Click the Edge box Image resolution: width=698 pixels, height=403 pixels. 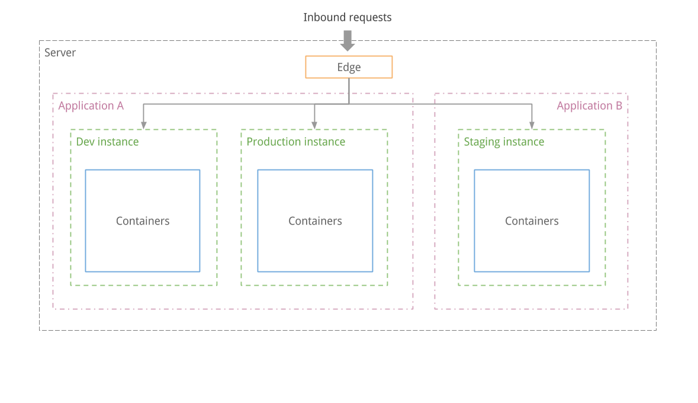click(x=349, y=67)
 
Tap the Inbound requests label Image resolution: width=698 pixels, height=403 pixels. click(x=347, y=17)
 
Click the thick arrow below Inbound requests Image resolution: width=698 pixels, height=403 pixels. click(x=348, y=40)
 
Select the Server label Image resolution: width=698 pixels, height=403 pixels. click(x=60, y=53)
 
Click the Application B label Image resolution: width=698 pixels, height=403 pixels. click(x=589, y=106)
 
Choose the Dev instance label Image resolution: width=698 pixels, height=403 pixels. click(x=107, y=142)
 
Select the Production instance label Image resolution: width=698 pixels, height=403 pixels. click(x=295, y=142)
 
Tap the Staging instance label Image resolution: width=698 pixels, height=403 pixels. click(x=503, y=142)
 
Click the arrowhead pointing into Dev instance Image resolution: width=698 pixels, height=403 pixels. click(x=143, y=125)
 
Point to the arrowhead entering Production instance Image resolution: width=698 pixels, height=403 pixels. click(x=314, y=125)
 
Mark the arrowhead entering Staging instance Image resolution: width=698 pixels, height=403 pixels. click(x=532, y=125)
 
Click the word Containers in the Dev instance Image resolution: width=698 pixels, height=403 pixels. click(x=143, y=221)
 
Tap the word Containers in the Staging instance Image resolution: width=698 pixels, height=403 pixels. click(x=532, y=221)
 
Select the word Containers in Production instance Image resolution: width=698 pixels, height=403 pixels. click(x=315, y=221)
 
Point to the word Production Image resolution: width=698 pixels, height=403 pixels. click(x=274, y=142)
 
